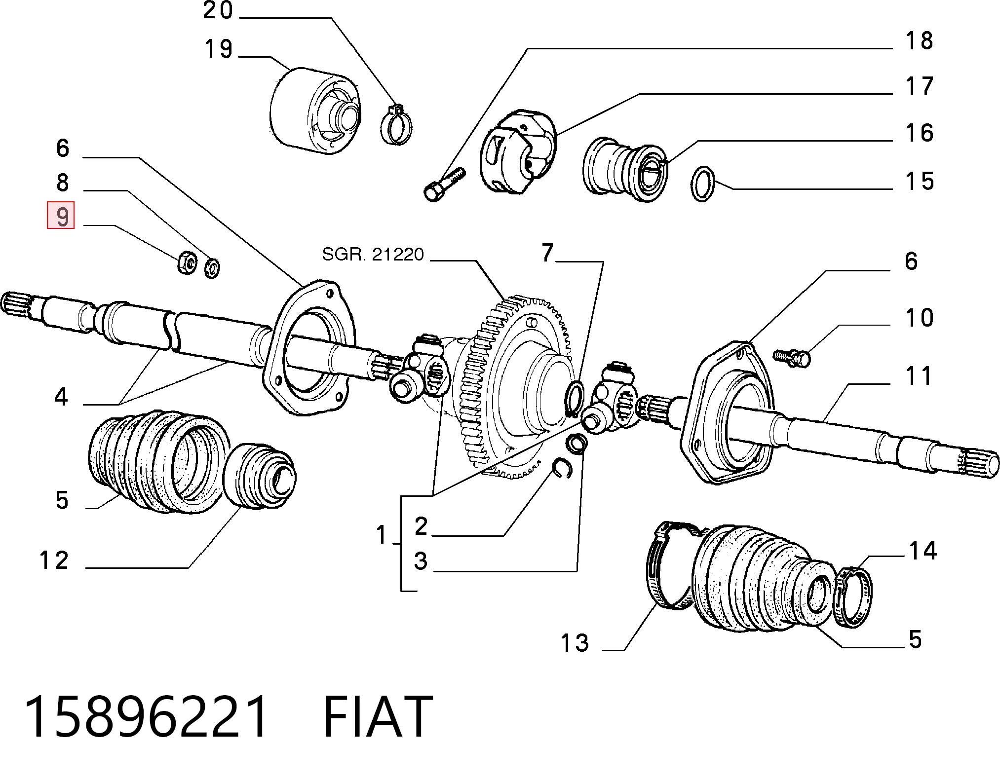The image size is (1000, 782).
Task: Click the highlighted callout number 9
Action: (x=61, y=216)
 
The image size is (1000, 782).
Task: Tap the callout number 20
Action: (x=218, y=10)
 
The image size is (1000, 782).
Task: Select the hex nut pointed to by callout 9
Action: (x=187, y=262)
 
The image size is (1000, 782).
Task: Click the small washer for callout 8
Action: (x=212, y=267)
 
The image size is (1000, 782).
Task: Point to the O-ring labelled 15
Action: (x=702, y=184)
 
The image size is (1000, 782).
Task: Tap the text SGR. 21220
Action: (x=373, y=255)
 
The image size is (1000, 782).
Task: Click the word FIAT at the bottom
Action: (x=378, y=716)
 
